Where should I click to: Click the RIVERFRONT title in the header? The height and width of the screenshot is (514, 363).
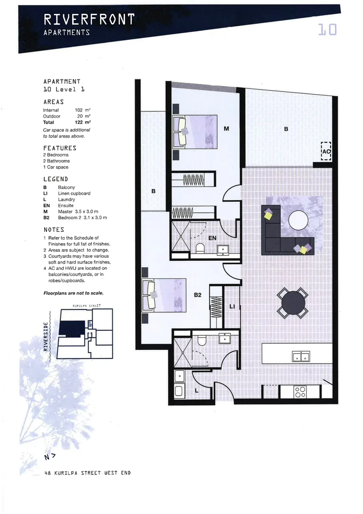tap(89, 20)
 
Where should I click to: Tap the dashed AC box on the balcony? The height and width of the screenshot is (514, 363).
tap(325, 151)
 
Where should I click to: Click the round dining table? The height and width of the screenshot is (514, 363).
tap(293, 303)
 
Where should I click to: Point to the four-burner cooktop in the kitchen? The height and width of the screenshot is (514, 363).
tap(300, 391)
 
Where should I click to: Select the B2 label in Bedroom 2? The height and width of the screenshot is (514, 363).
tap(198, 295)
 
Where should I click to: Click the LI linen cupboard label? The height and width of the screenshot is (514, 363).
tap(232, 306)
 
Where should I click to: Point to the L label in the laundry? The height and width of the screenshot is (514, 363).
tap(197, 391)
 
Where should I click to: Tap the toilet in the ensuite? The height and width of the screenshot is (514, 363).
tap(200, 248)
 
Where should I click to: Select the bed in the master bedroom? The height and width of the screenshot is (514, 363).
tap(195, 132)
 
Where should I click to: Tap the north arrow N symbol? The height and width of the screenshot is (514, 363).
tap(50, 457)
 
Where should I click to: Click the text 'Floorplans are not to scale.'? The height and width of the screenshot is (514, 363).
tap(73, 293)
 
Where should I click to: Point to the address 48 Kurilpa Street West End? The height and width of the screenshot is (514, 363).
tap(86, 473)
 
